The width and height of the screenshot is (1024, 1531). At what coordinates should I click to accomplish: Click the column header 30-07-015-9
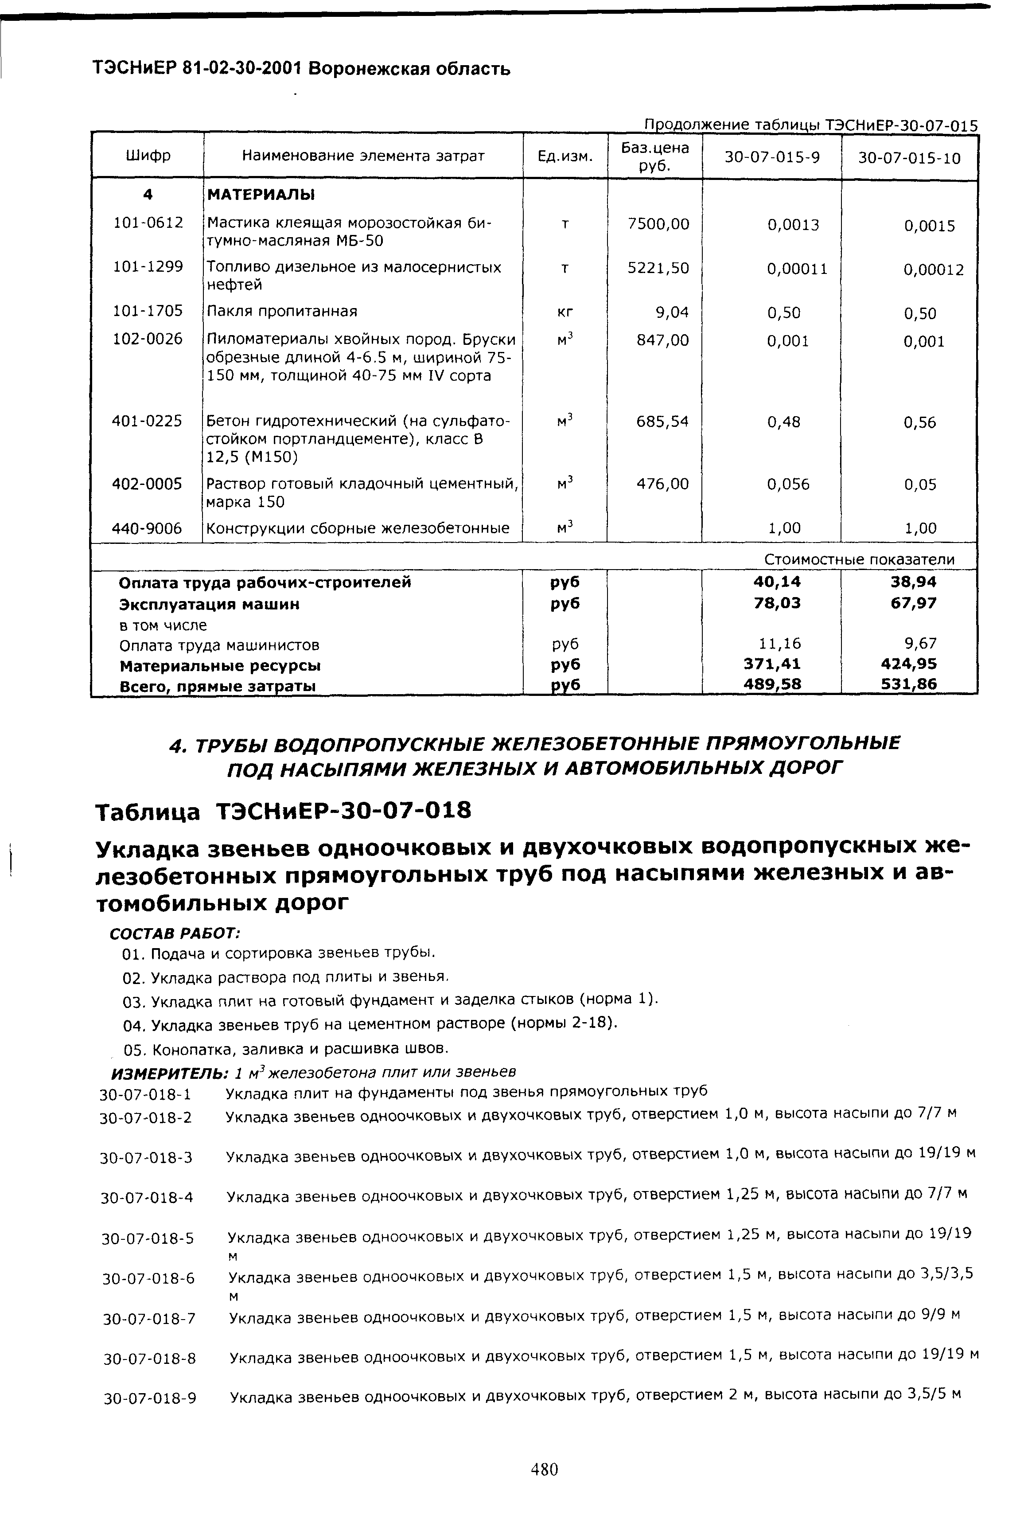click(772, 157)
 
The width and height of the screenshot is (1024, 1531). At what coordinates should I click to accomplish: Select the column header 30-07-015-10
click(909, 157)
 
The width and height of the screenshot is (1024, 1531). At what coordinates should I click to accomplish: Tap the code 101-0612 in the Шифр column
click(148, 223)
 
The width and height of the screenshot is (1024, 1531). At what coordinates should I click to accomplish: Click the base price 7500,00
click(658, 224)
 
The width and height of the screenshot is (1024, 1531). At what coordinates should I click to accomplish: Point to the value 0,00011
click(797, 269)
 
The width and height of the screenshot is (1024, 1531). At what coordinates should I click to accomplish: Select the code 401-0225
click(147, 421)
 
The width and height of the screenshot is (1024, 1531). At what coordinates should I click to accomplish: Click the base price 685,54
click(662, 421)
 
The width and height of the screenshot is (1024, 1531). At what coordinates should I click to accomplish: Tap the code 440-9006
click(147, 528)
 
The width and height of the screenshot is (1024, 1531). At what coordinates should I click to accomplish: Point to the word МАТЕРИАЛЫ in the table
click(261, 195)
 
